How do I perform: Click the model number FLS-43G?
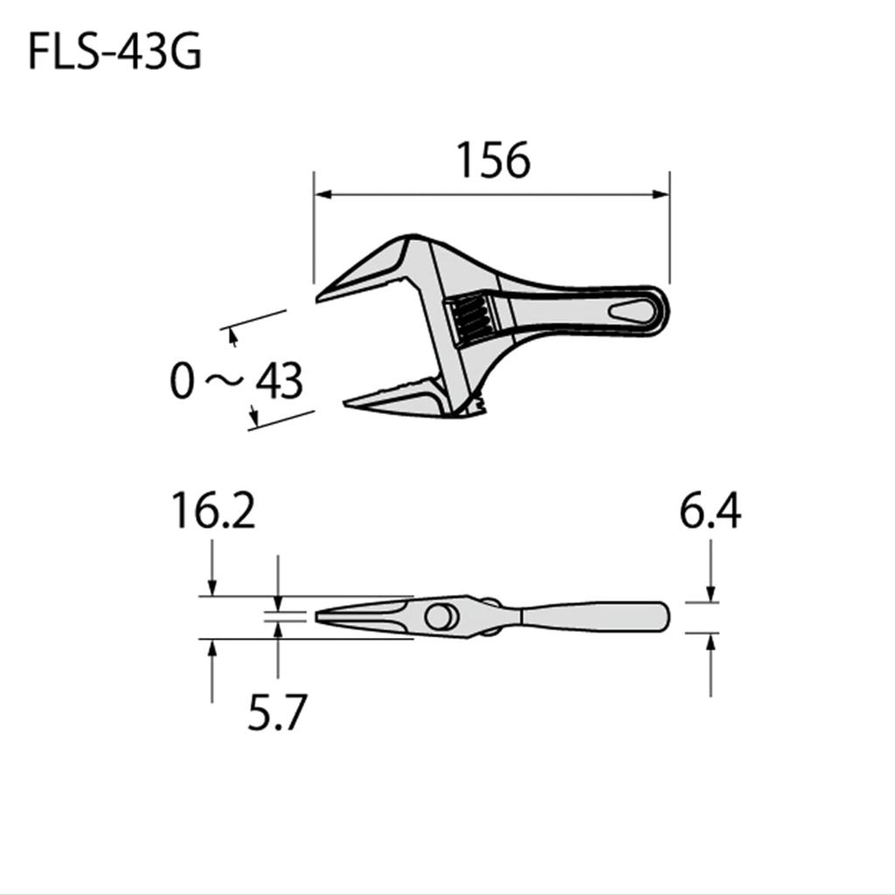[114, 52]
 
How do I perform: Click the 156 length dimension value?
[493, 161]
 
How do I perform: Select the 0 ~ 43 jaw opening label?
[236, 382]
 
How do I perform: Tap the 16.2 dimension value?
[213, 511]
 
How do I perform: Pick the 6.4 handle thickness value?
[711, 511]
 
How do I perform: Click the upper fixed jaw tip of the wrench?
[322, 295]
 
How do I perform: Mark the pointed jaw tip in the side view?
[318, 617]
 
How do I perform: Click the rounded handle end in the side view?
[664, 617]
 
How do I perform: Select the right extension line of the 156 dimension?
[670, 227]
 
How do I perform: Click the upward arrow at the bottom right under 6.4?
[711, 642]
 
